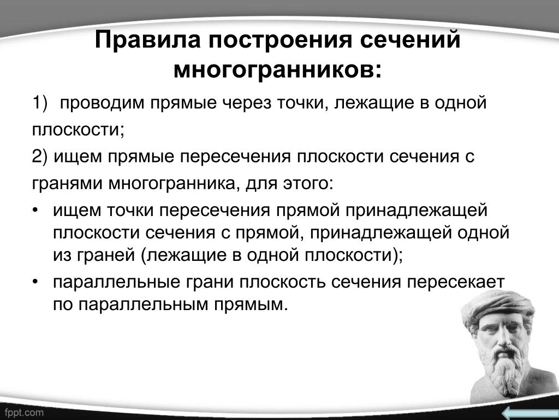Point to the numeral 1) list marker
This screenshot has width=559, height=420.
[39, 103]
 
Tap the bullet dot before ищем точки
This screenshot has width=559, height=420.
[35, 210]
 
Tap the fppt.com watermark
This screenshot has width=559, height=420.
[24, 413]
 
